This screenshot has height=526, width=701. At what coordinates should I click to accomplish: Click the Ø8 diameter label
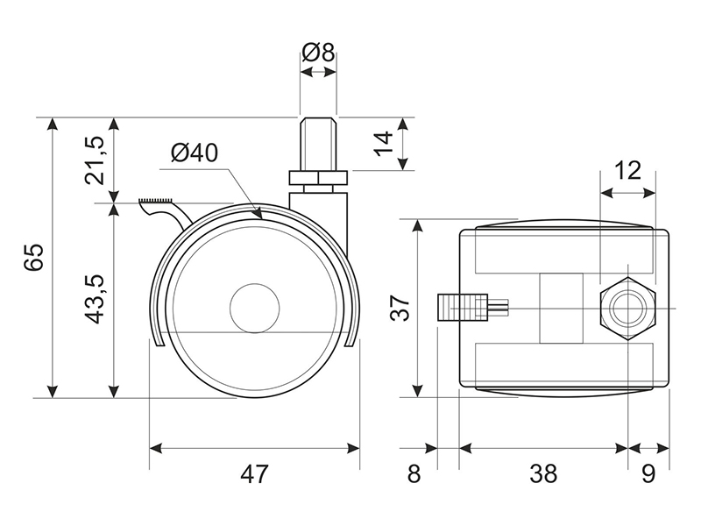[x=318, y=53]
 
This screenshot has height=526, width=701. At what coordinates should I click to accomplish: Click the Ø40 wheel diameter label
[x=195, y=153]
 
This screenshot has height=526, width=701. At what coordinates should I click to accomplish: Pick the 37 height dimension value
[x=400, y=308]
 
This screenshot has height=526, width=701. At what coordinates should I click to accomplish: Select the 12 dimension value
[x=627, y=170]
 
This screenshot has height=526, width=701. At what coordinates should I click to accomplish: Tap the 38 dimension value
[x=543, y=474]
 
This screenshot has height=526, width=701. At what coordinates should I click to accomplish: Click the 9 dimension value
[x=648, y=474]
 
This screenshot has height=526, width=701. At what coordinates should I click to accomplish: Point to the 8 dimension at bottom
[x=414, y=474]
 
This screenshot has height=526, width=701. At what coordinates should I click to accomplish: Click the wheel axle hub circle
[x=253, y=308]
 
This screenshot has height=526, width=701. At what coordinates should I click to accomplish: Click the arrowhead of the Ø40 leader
[x=257, y=213]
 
